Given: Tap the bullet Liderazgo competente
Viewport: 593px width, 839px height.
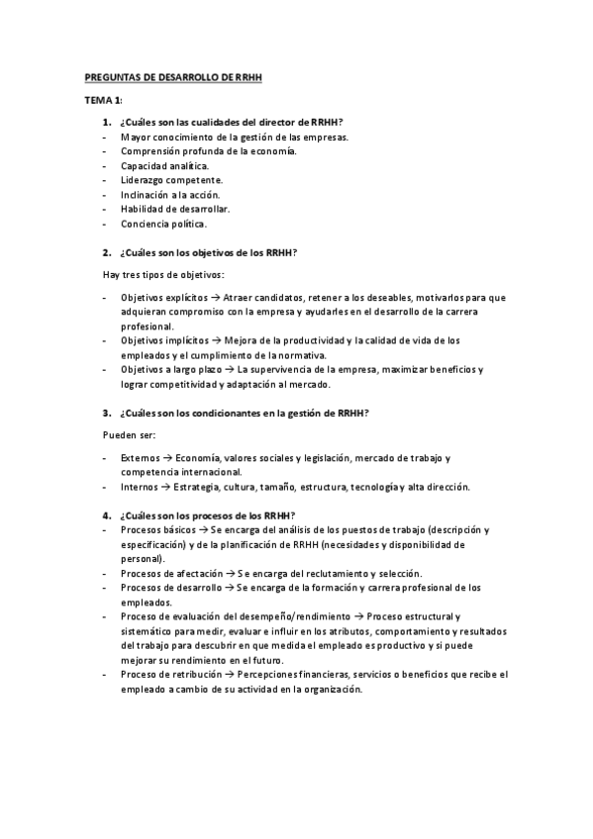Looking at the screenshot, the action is [171, 180].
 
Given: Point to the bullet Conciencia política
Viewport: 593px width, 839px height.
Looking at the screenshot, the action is [163, 224].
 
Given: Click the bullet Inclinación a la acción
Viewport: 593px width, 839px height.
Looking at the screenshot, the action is [170, 195].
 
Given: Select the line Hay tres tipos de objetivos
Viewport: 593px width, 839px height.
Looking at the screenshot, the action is [163, 274].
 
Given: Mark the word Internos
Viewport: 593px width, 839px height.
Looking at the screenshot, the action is [141, 487].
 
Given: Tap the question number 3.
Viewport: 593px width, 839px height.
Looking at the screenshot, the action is [106, 413].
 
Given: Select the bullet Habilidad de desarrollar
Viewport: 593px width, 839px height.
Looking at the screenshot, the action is [175, 209].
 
